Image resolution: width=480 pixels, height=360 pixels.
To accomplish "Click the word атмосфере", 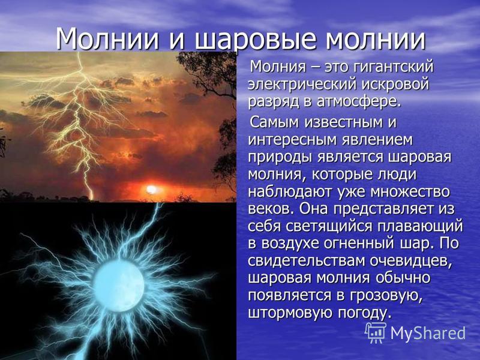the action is (x=359, y=102).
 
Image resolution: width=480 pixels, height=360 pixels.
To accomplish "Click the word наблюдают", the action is (x=290, y=192).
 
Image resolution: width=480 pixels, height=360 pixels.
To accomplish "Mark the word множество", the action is (x=410, y=192).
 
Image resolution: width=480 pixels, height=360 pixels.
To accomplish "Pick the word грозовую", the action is (x=386, y=296).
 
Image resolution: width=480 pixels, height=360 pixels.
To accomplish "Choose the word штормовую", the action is (x=290, y=313).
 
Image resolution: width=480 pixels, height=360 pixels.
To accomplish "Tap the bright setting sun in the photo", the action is (x=151, y=190).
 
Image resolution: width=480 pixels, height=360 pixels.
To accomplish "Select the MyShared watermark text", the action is (x=428, y=334).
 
